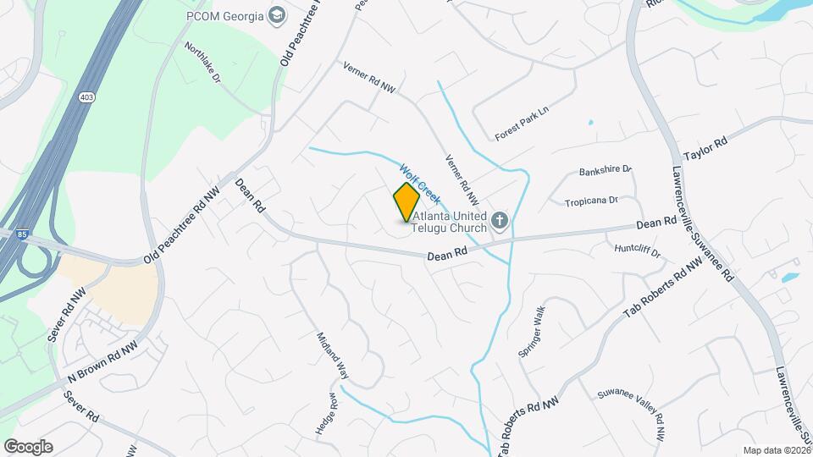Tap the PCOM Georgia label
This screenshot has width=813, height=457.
[224, 15]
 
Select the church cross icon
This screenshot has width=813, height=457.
[500, 222]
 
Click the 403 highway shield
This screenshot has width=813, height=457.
[90, 98]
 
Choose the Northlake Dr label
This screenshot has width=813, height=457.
[202, 63]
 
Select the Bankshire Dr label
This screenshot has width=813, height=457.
[606, 171]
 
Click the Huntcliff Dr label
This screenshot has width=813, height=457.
[638, 248]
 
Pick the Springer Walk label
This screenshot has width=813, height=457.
[534, 331]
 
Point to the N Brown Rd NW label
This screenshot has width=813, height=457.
[103, 363]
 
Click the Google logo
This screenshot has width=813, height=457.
[28, 447]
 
